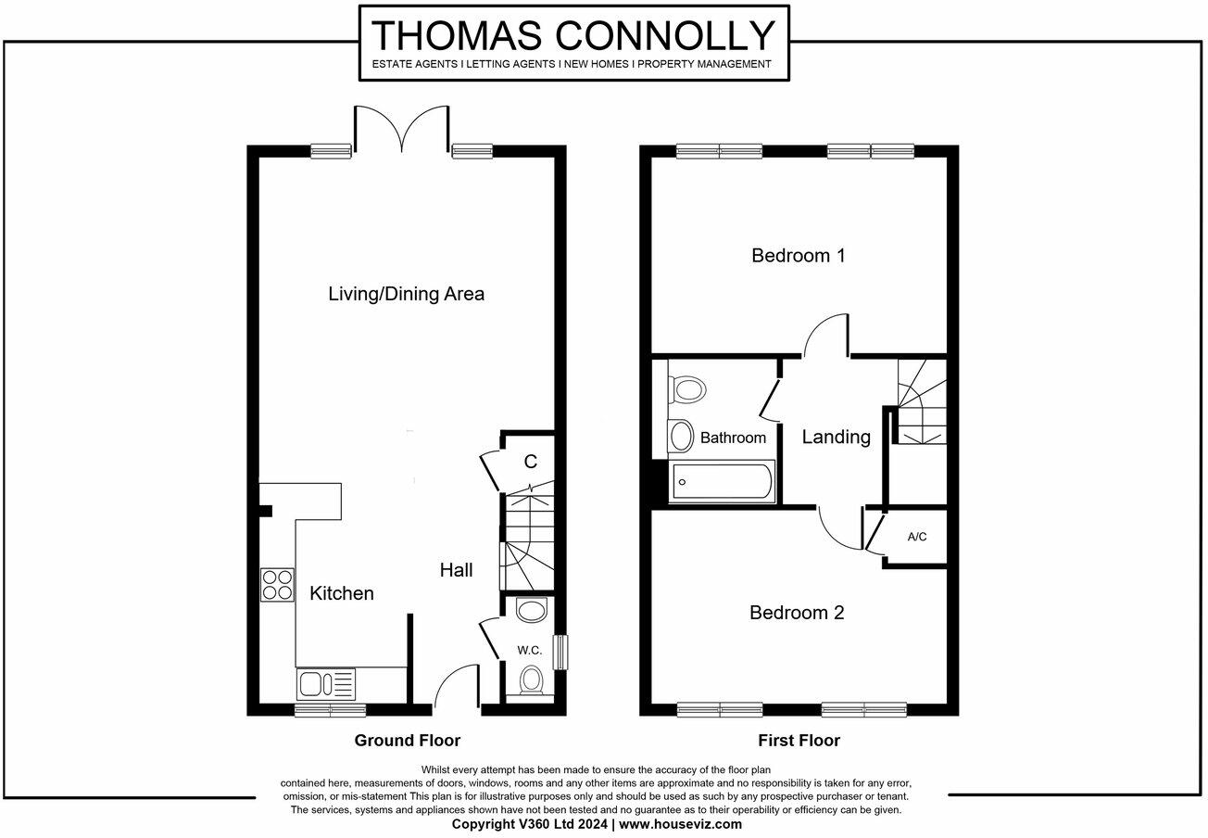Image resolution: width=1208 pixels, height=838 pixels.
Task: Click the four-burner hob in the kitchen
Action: click(x=277, y=585)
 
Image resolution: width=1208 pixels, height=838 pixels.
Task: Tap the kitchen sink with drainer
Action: click(x=325, y=684)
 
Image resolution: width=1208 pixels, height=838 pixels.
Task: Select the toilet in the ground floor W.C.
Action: click(x=532, y=679)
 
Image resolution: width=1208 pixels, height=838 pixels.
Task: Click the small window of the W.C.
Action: click(x=559, y=652)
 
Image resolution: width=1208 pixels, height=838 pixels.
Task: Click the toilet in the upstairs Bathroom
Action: click(x=686, y=387)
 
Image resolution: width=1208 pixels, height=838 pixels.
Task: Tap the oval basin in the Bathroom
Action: click(x=681, y=436)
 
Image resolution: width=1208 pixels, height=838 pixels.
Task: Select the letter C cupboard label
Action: click(x=531, y=462)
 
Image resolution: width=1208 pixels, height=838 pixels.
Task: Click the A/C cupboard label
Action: click(x=917, y=537)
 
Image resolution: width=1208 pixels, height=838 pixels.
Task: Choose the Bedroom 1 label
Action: click(x=798, y=255)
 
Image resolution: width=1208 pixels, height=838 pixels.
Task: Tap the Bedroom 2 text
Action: click(x=797, y=613)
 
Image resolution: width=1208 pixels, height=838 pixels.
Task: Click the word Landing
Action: click(x=836, y=437)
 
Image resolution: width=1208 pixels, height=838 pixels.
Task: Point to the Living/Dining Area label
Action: click(x=406, y=294)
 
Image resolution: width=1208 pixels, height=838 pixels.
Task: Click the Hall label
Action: click(x=456, y=570)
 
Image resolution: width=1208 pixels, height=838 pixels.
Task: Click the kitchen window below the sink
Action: click(x=330, y=710)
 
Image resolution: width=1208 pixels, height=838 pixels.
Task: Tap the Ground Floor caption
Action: click(x=407, y=740)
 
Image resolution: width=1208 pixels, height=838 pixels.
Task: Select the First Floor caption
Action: click(x=799, y=740)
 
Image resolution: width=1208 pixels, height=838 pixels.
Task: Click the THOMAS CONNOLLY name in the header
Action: click(x=573, y=35)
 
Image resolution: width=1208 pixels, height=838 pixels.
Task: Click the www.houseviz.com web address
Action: click(x=680, y=823)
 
